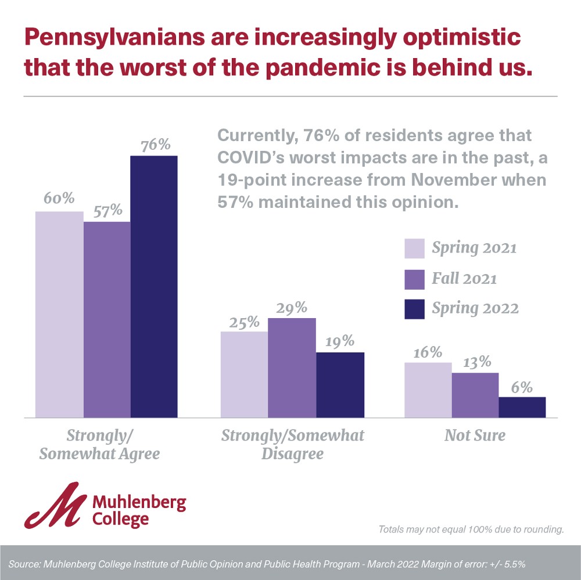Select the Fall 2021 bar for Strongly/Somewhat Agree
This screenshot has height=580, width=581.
point(107,319)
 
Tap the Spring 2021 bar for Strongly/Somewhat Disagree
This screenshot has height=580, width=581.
point(244,374)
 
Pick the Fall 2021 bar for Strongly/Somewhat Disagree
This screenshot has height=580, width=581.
point(292,368)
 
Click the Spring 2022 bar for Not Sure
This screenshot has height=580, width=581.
point(522,407)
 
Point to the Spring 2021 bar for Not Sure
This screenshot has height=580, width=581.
point(428,390)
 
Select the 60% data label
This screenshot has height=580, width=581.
point(59,199)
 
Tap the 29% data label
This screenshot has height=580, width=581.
point(292,307)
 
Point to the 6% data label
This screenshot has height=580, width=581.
point(522,387)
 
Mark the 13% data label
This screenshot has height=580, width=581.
point(475,362)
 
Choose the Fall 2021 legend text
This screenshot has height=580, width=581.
point(464,278)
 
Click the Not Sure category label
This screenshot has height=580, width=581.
point(475,435)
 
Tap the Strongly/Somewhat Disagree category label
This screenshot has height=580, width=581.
point(292,444)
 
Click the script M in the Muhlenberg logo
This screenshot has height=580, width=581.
point(55,505)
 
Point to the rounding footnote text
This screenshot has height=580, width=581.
point(471,529)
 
